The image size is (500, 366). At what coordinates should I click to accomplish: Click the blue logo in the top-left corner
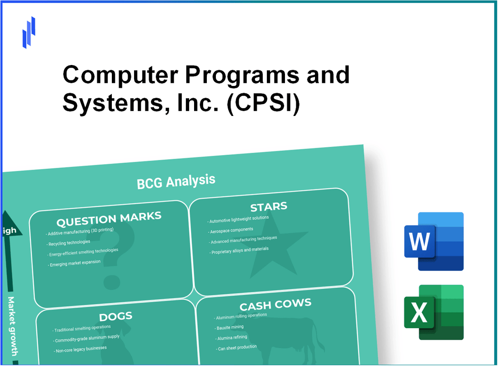pyautogui.click(x=29, y=32)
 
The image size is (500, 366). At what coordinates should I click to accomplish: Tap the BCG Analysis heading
pyautogui.click(x=176, y=181)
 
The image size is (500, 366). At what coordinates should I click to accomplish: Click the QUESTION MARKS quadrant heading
pyautogui.click(x=109, y=220)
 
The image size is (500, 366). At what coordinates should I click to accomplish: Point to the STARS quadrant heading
pyautogui.click(x=268, y=207)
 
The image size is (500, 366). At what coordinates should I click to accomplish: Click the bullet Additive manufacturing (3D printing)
pyautogui.click(x=80, y=232)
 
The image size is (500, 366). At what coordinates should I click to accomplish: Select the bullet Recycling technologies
pyautogui.click(x=71, y=243)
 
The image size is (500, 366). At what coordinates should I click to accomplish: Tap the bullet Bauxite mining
pyautogui.click(x=230, y=327)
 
